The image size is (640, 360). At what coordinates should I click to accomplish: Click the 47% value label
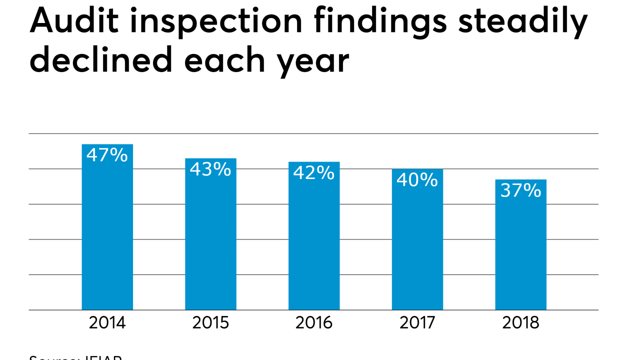tap(107, 155)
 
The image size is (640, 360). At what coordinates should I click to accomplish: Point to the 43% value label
tap(210, 169)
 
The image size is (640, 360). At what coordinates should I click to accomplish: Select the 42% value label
tap(314, 172)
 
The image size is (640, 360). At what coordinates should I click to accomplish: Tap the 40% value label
tap(417, 179)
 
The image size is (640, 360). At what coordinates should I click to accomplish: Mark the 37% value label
tap(520, 190)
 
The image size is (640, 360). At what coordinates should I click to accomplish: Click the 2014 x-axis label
tap(107, 323)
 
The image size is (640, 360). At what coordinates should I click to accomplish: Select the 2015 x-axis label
tap(210, 323)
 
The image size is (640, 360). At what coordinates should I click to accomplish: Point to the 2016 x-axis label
tap(314, 323)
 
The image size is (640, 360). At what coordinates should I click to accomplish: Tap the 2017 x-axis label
tap(417, 323)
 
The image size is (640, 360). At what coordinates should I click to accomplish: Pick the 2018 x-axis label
tap(520, 323)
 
